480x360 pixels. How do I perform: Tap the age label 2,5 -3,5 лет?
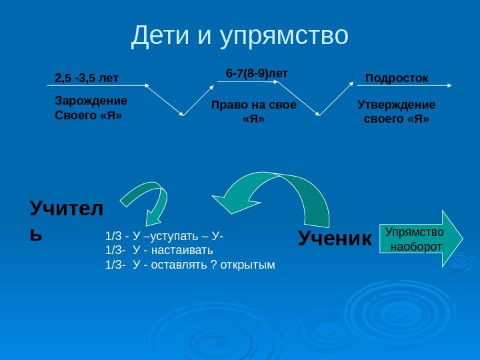point(86,78)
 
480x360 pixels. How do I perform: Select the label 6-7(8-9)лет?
point(257,73)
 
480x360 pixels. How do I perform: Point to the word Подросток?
point(397,78)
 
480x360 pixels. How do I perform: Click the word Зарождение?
point(90,101)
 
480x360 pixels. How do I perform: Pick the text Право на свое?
point(254,105)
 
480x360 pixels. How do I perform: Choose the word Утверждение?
point(397,105)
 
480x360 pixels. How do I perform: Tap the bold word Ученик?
point(334,237)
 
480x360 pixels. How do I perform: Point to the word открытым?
point(249,265)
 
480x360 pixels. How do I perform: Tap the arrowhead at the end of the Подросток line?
point(451,85)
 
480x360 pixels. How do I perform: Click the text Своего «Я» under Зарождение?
point(87,115)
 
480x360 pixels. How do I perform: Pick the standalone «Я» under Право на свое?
point(254,120)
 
